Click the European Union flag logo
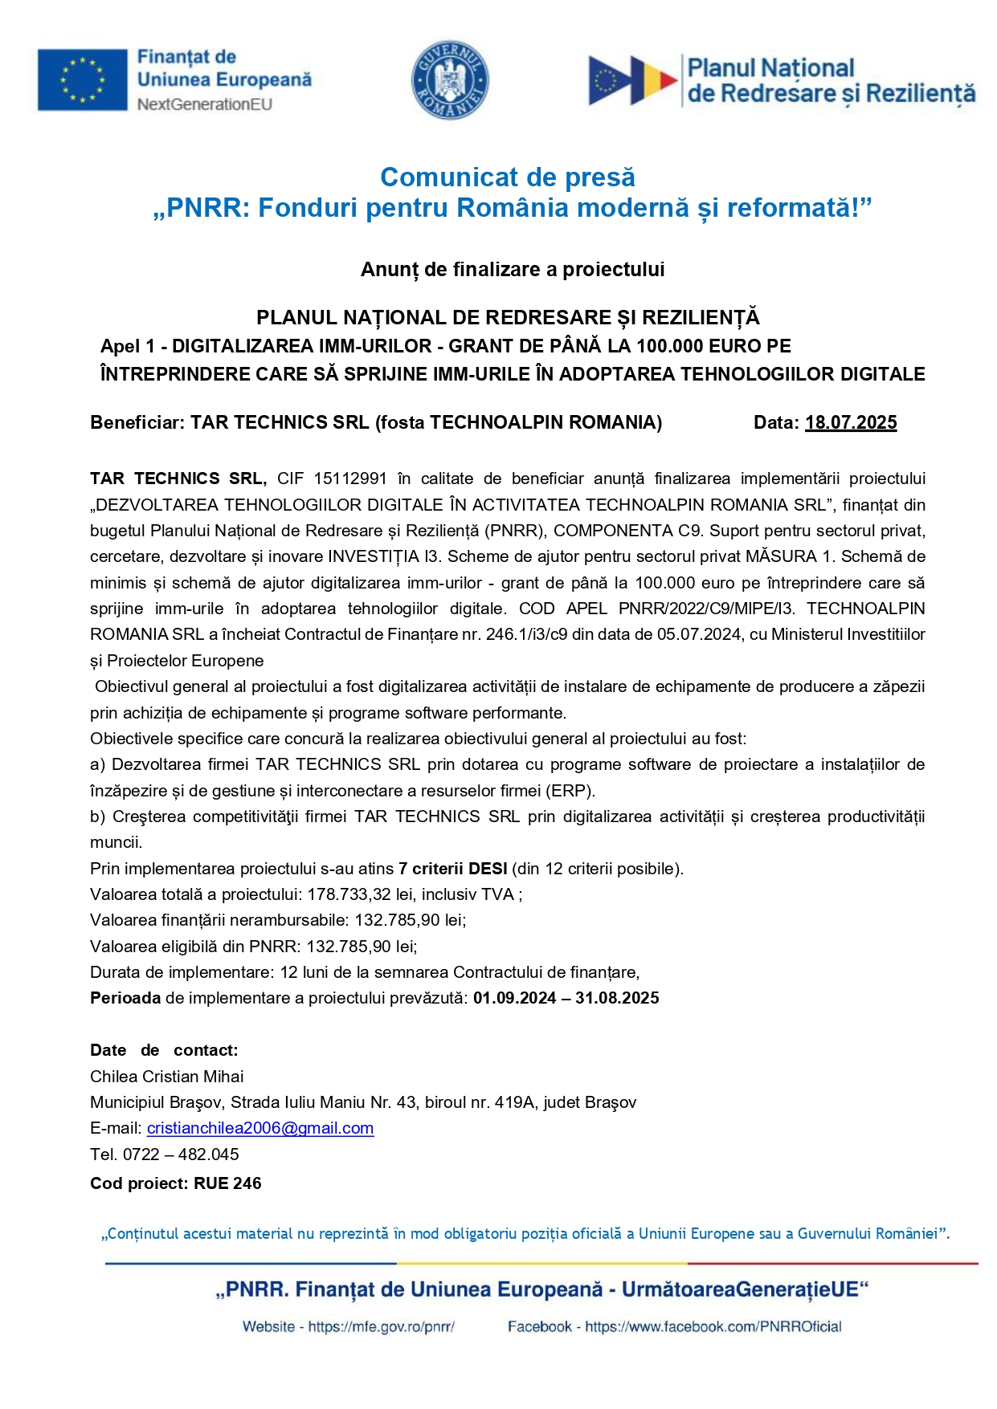coord(83,79)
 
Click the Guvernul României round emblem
coord(450,80)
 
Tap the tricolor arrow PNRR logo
coord(633,80)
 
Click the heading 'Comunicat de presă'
coord(508,177)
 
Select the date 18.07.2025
coord(851,423)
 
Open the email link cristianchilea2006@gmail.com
coord(260,1128)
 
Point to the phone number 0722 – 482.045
coord(181,1154)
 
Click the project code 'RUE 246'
coord(227,1183)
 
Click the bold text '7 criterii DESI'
coord(453,869)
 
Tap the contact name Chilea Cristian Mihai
coord(167,1077)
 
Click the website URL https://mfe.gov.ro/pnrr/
coord(382,1327)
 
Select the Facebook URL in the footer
coord(713,1327)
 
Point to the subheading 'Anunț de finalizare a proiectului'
coord(513,270)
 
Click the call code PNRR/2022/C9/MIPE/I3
coord(705,609)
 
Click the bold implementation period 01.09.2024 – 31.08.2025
coord(566,998)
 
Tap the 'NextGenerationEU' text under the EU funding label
coord(205,104)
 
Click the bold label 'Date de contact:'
coord(164,1050)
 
